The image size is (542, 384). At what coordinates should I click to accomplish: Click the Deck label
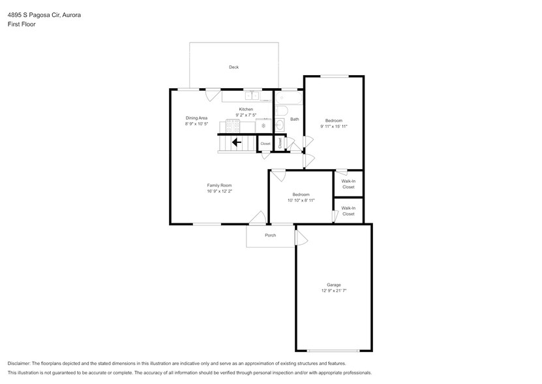233,67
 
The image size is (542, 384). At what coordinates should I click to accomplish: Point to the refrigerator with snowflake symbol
263,125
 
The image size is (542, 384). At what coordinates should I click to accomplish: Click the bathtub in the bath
288,99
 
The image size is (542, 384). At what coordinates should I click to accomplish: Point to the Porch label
270,235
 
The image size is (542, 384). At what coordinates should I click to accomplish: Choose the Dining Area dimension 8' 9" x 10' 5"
196,123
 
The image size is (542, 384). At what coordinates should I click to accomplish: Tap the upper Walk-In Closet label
348,184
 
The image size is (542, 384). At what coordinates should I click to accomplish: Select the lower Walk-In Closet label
348,211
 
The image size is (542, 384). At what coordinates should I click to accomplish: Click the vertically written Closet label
280,143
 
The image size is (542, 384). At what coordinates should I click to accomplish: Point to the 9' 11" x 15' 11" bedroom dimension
333,126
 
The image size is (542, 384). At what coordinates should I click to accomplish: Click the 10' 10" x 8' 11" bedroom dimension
301,200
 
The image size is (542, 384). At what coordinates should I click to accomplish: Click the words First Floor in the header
22,24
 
